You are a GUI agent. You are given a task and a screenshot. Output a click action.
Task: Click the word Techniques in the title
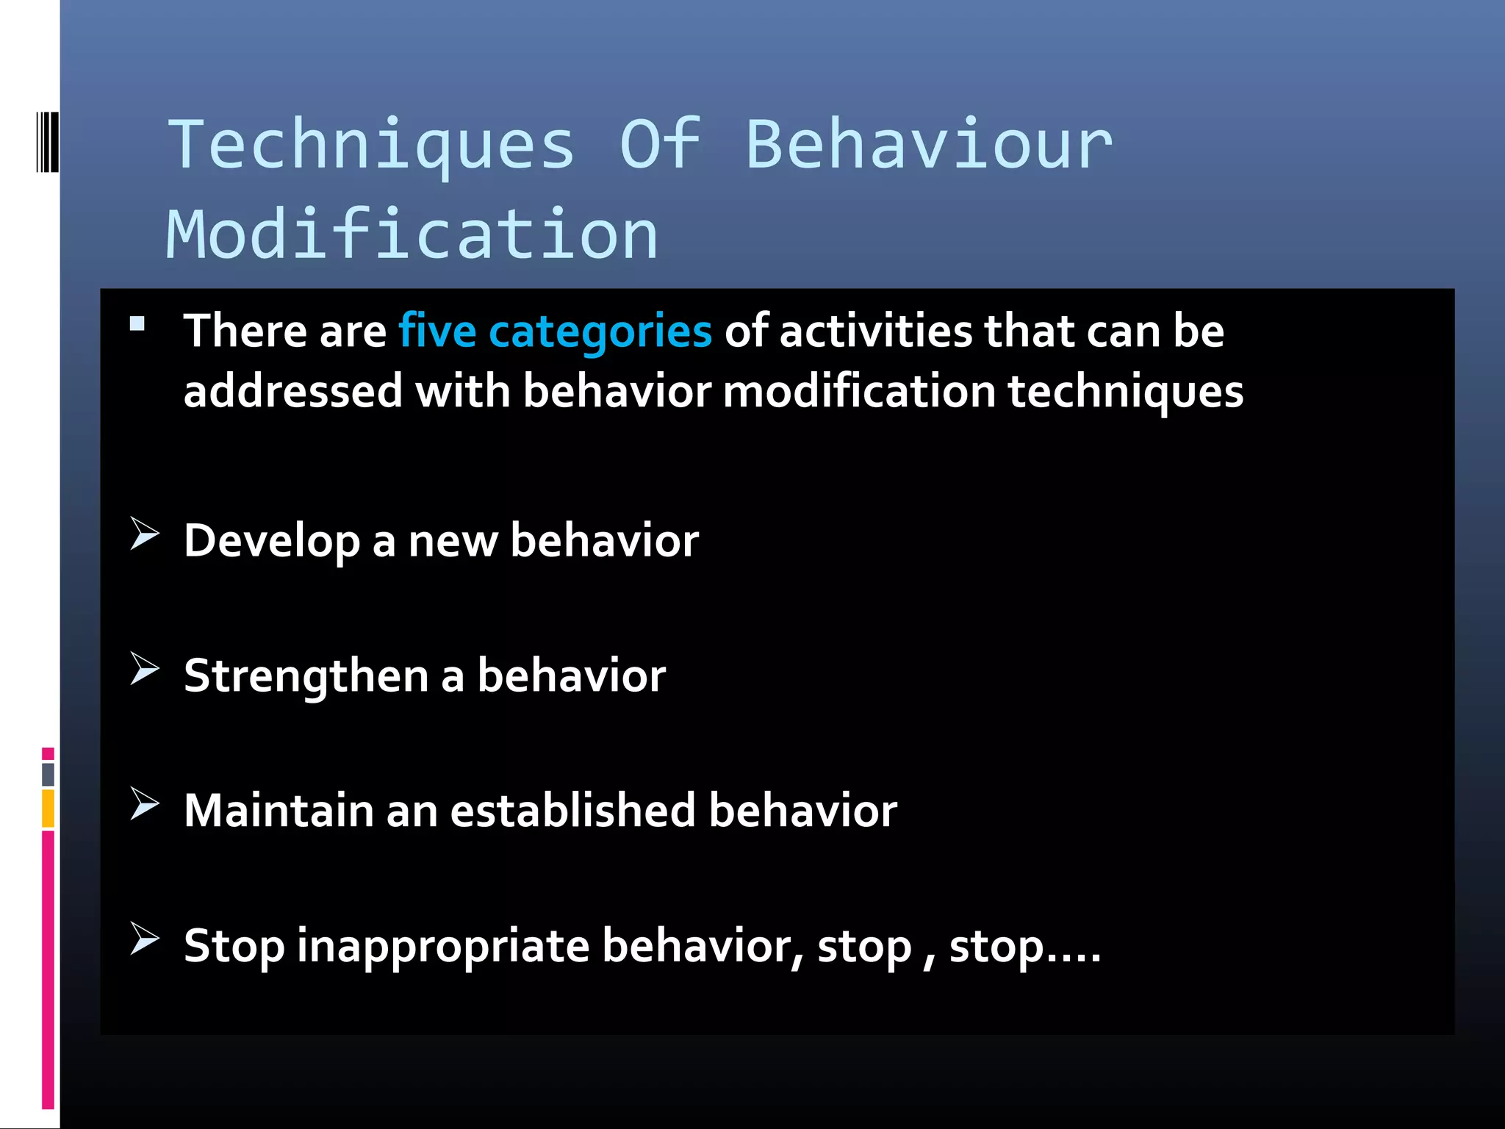[x=371, y=145]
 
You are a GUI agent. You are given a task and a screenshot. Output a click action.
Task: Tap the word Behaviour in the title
[x=929, y=145]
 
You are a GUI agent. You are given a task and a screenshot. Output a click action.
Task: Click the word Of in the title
[x=660, y=145]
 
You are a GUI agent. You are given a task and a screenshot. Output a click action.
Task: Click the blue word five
[x=437, y=331]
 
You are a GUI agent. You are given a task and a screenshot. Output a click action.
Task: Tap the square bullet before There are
[x=137, y=324]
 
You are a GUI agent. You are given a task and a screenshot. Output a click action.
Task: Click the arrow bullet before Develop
[x=144, y=533]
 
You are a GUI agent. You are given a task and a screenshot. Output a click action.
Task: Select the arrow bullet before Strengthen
[x=144, y=668]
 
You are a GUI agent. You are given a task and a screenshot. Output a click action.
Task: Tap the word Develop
[x=272, y=541]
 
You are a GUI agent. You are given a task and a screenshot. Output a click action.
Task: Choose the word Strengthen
[x=306, y=675]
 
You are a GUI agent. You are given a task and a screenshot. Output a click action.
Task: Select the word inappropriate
[x=443, y=947]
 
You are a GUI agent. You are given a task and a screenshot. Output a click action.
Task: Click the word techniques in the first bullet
[x=1125, y=392]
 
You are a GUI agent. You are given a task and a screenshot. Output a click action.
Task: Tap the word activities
[x=875, y=331]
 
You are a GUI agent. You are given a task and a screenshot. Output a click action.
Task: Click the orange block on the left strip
[x=48, y=808]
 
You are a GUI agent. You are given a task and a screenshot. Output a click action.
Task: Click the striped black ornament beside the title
[x=48, y=142]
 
